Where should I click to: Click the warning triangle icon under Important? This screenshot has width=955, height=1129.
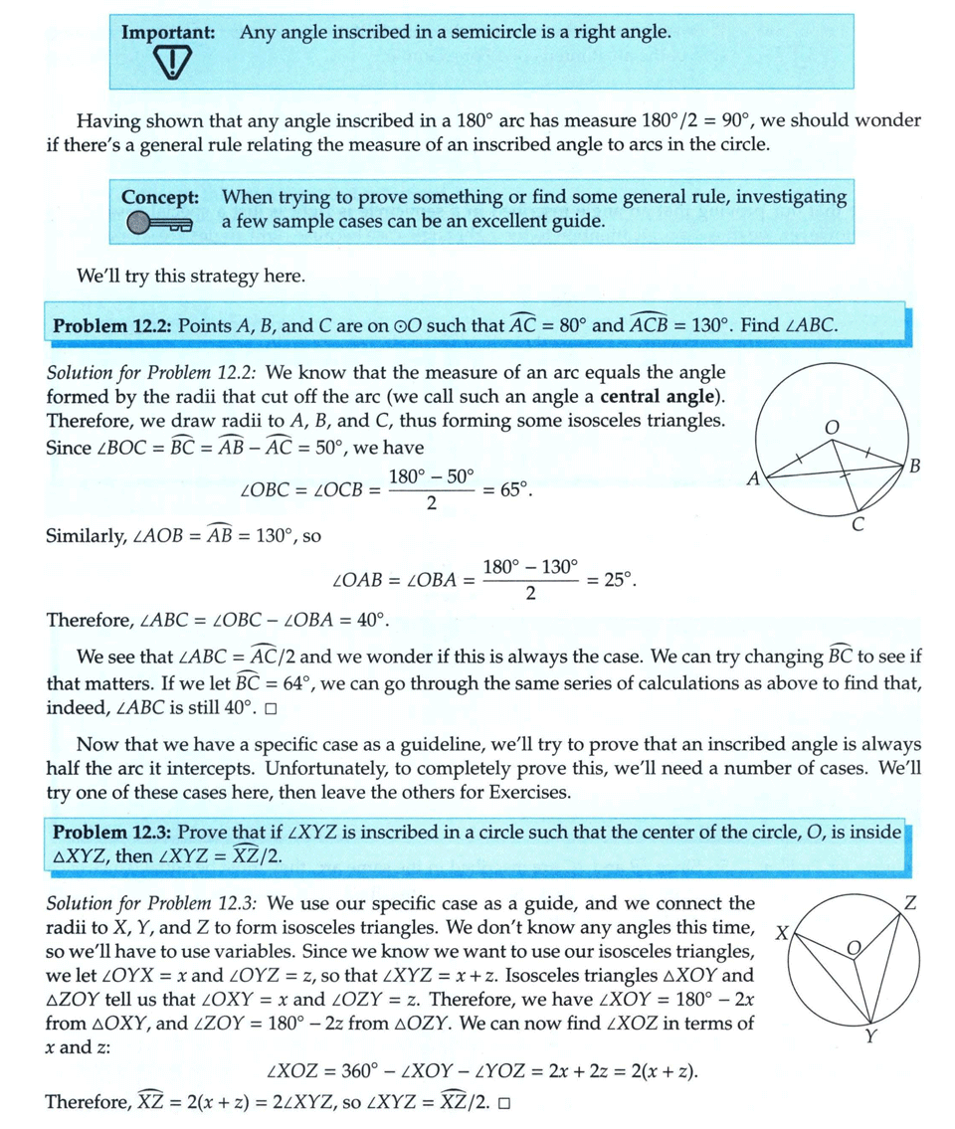175,65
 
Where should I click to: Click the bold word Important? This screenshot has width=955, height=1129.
168,32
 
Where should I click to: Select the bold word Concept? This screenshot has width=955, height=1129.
160,197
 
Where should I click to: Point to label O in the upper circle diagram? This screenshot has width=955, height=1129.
833,426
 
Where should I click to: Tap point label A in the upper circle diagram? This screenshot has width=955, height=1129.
753,479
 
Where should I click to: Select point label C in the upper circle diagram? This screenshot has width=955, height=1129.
858,526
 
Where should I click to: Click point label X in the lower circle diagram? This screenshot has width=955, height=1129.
782,934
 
